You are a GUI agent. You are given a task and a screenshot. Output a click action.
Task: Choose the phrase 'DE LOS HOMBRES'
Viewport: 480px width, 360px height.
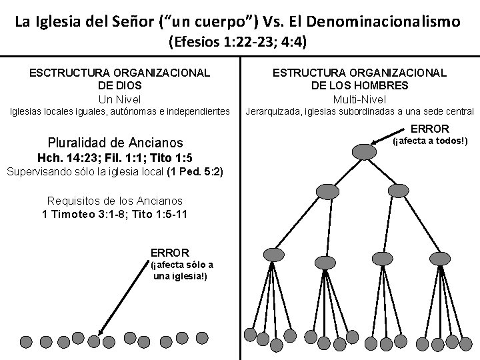pos(359,86)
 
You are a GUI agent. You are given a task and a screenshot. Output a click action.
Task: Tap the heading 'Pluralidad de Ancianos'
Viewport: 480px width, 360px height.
pos(115,143)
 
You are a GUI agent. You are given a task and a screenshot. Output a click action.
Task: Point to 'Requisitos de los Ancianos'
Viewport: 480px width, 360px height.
pos(115,201)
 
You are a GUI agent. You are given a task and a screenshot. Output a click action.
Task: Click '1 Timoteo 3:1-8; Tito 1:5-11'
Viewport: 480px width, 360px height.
pos(115,213)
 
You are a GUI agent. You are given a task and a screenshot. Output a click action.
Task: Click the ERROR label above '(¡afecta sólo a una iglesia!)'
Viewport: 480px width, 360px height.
pos(170,253)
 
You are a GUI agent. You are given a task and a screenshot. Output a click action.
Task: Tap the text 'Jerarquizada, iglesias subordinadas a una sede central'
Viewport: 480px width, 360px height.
pos(360,111)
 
